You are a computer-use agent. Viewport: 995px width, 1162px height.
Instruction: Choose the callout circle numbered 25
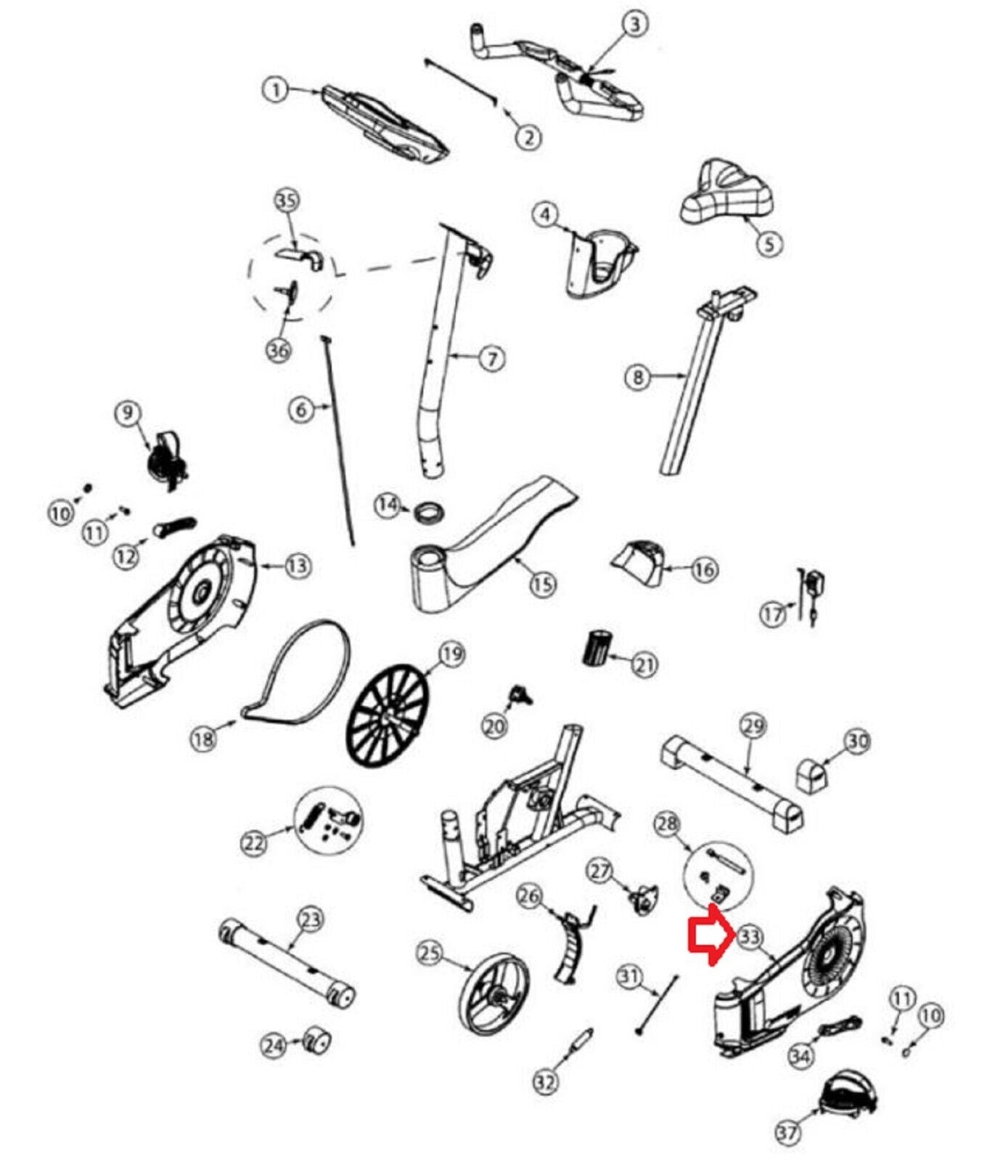[430, 952]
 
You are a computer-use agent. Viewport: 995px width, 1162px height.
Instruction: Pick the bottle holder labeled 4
[599, 262]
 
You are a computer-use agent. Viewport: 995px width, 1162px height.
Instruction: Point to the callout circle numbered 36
[279, 351]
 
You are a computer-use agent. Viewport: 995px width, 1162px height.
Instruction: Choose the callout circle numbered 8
[638, 376]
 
